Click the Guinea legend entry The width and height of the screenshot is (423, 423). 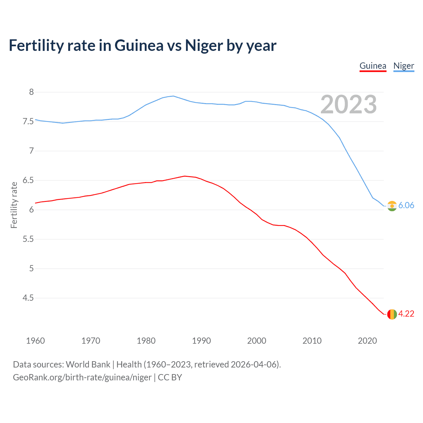click(373, 66)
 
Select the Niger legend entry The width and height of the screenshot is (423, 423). click(404, 66)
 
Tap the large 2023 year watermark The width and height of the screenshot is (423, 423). click(348, 104)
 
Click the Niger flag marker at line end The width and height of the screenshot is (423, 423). click(392, 206)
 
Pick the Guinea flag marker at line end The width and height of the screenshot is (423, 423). click(392, 314)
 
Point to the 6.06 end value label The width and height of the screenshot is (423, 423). click(406, 205)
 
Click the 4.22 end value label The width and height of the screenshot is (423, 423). click(406, 314)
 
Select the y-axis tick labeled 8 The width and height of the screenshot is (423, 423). click(31, 92)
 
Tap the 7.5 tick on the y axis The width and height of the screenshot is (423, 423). click(28, 121)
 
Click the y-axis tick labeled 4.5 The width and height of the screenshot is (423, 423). click(28, 298)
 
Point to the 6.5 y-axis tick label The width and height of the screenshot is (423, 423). click(28, 180)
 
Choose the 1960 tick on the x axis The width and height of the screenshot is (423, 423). click(35, 341)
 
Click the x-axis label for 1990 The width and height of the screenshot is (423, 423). click(201, 341)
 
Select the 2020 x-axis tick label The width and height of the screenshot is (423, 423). click(367, 341)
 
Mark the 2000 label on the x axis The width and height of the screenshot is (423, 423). click(256, 341)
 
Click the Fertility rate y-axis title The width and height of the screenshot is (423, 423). click(14, 205)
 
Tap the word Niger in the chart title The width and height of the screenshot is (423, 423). click(204, 46)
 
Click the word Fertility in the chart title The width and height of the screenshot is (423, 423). click(36, 46)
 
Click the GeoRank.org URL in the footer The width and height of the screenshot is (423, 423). click(82, 377)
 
